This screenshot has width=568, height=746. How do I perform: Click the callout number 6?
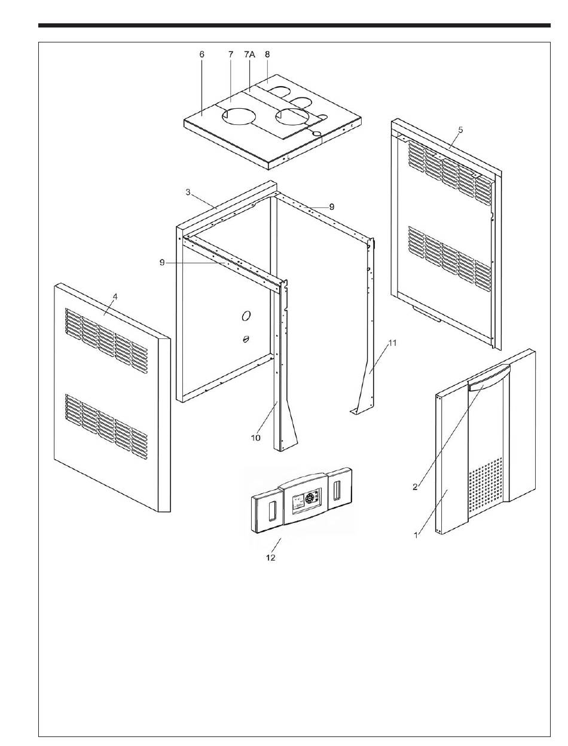[202, 54]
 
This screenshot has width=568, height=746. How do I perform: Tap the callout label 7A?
[249, 54]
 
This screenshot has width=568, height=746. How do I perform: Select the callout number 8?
[267, 54]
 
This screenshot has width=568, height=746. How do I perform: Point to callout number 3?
[188, 192]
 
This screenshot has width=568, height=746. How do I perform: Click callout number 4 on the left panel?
[115, 296]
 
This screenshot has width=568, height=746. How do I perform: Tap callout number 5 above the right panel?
[460, 130]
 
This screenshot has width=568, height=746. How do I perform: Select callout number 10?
[256, 438]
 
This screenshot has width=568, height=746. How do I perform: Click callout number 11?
[392, 343]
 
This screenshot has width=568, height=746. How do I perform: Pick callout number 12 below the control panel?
[271, 558]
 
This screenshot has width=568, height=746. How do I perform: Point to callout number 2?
[415, 487]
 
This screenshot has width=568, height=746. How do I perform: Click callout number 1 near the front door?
[416, 535]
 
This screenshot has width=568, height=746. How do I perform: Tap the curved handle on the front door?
[489, 379]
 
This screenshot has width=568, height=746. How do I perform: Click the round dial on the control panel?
[309, 499]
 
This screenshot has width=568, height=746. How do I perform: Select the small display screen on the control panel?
[298, 502]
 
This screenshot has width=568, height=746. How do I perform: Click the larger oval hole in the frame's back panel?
[246, 316]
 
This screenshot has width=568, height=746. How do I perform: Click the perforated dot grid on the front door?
[485, 484]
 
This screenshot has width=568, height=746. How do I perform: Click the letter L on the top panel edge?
[288, 157]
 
